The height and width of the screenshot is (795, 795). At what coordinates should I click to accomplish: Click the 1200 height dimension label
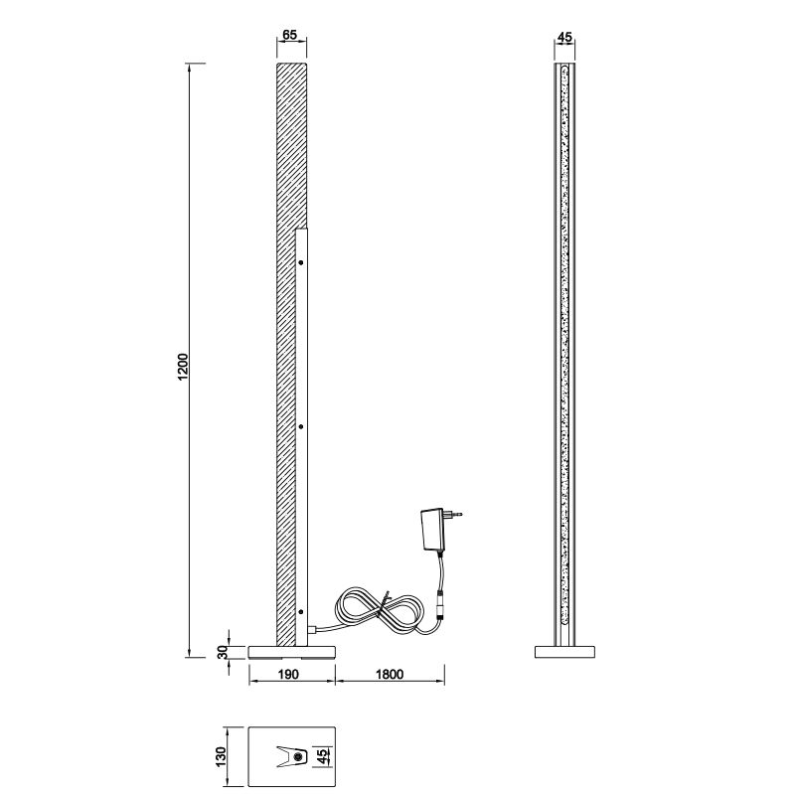(x=183, y=367)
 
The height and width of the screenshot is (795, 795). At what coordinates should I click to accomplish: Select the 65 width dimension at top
(x=289, y=35)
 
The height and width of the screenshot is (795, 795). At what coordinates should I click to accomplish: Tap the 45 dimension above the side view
(x=564, y=37)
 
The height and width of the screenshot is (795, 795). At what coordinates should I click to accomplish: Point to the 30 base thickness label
(x=223, y=652)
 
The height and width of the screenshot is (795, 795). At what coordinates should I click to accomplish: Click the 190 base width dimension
(x=288, y=674)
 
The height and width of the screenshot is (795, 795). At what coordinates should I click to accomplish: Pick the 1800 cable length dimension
(x=390, y=674)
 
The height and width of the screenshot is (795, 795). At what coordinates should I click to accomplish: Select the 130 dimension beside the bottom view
(x=221, y=756)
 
